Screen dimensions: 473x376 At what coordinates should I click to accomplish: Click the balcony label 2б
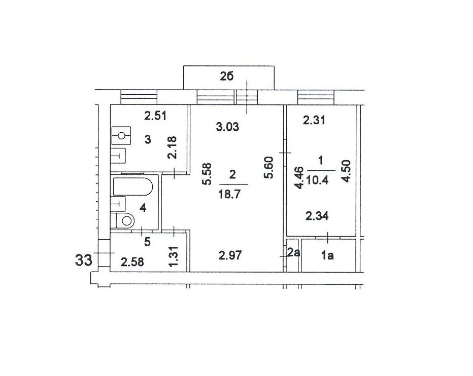[226, 77]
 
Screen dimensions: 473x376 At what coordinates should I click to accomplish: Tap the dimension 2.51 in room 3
[155, 116]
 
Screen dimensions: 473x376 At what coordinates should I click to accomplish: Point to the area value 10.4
[317, 180]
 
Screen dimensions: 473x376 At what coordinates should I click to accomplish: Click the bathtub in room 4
[133, 186]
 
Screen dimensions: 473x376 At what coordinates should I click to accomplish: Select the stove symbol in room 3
[121, 136]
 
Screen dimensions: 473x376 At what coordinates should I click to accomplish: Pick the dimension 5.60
[268, 168]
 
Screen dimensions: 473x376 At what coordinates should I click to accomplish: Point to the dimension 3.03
[228, 127]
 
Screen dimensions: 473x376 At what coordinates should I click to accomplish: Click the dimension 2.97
[230, 255]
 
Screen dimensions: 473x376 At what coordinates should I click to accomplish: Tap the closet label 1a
[327, 256]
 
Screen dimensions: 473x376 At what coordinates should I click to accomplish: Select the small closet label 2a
[293, 252]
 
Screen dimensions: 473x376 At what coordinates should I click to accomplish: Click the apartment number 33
[83, 259]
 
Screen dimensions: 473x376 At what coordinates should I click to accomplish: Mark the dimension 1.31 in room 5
[173, 256]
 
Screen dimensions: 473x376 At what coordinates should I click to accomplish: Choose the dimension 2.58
[132, 262]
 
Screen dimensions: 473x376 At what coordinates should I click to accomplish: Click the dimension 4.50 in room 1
[346, 171]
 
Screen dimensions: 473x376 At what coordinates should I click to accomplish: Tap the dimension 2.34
[317, 216]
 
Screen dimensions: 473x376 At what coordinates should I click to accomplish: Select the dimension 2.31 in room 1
[314, 121]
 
